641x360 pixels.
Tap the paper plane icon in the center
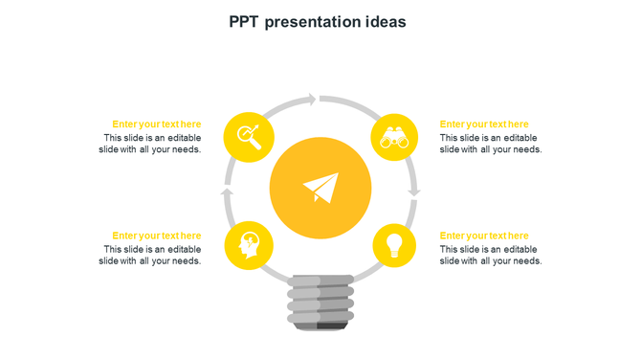coord(320,187)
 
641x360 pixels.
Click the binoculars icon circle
coord(394,137)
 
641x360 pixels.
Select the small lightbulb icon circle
coord(394,244)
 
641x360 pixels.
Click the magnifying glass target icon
coord(248,137)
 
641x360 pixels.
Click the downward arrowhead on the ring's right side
coord(413,192)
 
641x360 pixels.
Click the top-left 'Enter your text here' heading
coord(157,124)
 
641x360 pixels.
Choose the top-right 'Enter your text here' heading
coord(484,124)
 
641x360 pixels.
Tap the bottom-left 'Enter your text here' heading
coord(157,236)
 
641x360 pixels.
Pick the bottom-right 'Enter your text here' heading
coord(484,236)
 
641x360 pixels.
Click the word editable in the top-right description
coord(518,138)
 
